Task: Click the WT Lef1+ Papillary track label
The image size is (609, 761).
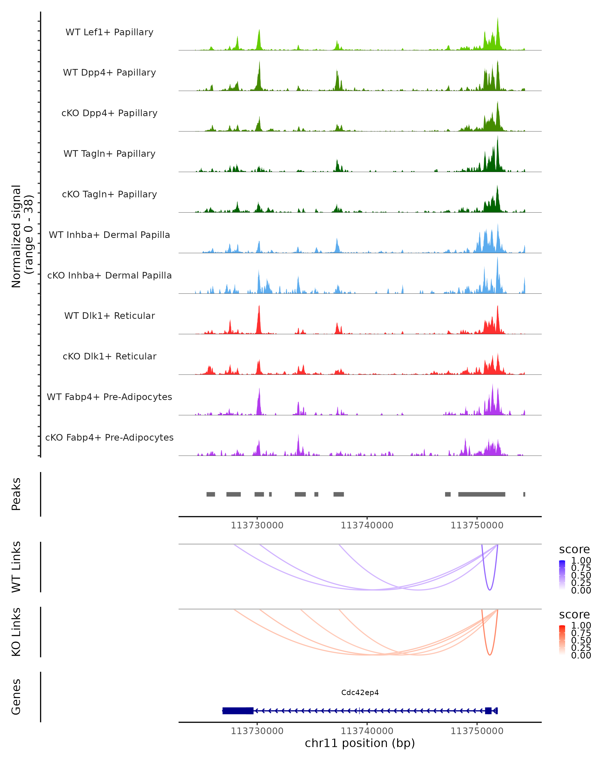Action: pos(109,32)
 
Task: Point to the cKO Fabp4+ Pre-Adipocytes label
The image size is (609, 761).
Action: pos(109,437)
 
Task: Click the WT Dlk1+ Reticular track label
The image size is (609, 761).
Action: pos(109,316)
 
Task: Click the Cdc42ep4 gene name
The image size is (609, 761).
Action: pos(360,693)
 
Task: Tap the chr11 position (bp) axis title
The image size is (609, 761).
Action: pos(360,743)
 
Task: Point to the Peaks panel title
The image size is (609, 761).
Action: pos(16,494)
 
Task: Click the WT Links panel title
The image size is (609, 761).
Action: pos(16,567)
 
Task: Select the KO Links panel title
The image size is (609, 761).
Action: pos(16,632)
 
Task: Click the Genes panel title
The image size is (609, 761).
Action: pos(16,697)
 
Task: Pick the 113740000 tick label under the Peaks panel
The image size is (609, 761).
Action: pos(367,525)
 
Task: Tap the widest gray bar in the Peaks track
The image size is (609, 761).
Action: pos(482,494)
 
